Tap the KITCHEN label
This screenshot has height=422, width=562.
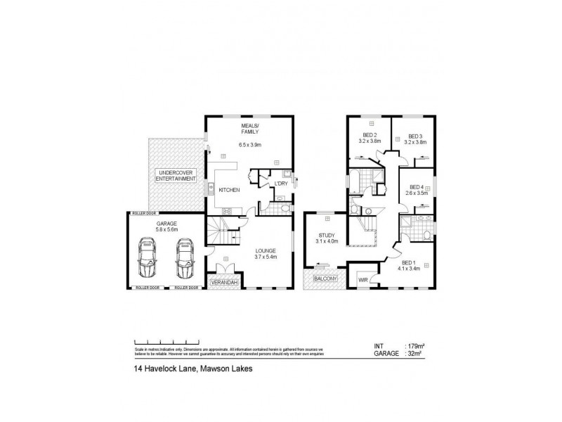230,190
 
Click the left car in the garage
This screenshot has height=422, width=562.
149,258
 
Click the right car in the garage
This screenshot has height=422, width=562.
185,258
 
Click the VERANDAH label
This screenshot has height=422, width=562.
225,283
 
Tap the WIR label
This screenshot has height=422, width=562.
363,279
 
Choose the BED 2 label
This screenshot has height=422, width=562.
370,136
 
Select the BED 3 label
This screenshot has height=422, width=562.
416,136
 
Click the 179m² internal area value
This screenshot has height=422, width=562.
417,347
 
